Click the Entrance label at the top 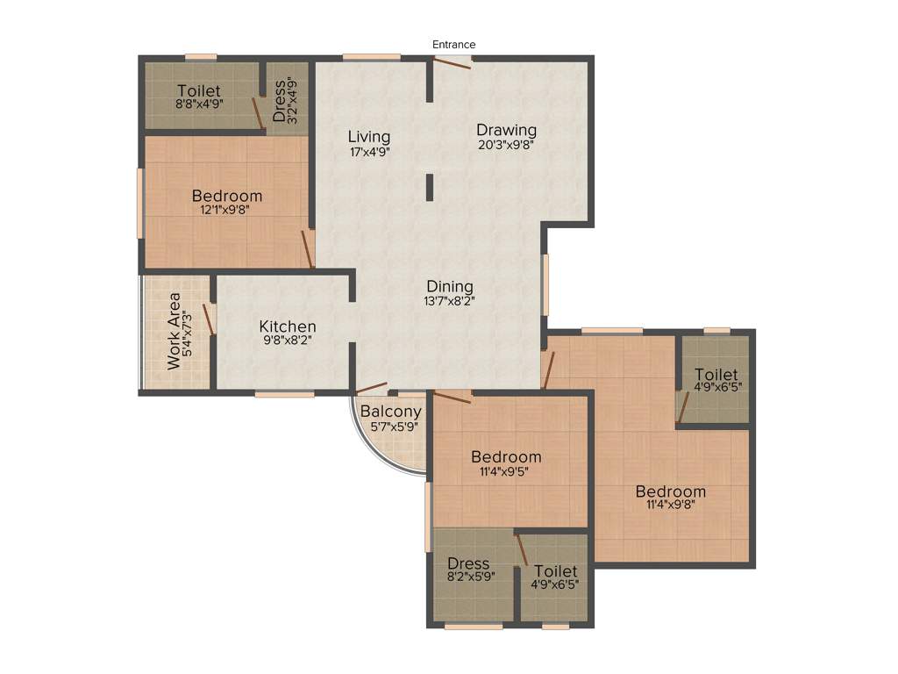[x=453, y=45]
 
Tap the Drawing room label [x=506, y=131]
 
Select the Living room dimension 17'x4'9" [x=369, y=151]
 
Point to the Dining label [x=450, y=286]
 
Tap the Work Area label [x=175, y=330]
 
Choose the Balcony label [x=391, y=412]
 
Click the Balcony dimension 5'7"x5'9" [x=394, y=427]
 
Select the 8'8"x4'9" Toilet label [x=199, y=104]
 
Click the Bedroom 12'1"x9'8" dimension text [x=227, y=210]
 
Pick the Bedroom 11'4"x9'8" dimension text [x=670, y=505]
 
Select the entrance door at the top [x=453, y=61]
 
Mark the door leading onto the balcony [x=372, y=387]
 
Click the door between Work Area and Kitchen [x=210, y=318]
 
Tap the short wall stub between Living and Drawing [x=430, y=188]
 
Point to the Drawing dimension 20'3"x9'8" [x=506, y=146]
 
